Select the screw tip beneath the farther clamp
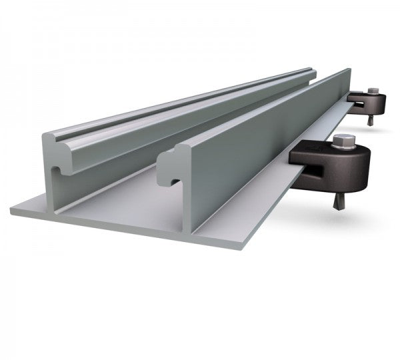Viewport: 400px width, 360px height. [369, 121]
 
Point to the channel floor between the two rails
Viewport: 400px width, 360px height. [133, 193]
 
